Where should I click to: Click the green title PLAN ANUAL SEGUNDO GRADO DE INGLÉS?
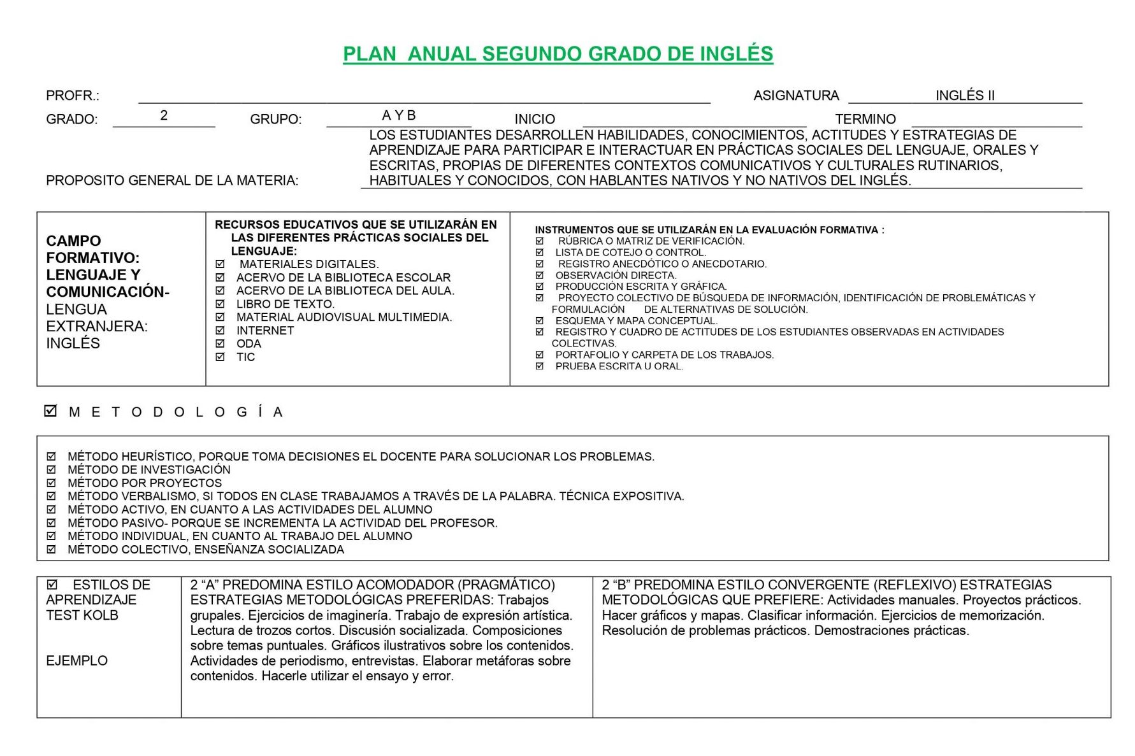click(x=558, y=54)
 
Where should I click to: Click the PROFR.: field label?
click(x=73, y=96)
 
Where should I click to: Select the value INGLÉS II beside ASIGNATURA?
click(x=964, y=96)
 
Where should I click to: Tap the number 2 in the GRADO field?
click(x=164, y=115)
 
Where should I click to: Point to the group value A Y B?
click(x=398, y=115)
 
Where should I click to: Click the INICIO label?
click(x=535, y=119)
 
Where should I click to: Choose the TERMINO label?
click(x=865, y=119)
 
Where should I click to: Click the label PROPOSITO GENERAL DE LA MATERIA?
click(x=172, y=181)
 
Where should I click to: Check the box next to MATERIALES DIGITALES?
click(x=220, y=264)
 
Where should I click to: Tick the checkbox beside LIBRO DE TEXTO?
click(x=220, y=304)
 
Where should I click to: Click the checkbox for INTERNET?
click(x=220, y=331)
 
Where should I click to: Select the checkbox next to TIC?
click(x=220, y=357)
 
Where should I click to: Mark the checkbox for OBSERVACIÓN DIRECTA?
click(x=540, y=275)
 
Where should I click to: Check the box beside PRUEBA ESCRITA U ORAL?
click(x=540, y=366)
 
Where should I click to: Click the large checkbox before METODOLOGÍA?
click(x=51, y=411)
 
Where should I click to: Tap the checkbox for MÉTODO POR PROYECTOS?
click(x=52, y=483)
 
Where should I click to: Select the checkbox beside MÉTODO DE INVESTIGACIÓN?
click(x=52, y=469)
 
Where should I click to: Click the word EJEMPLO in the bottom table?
click(x=76, y=660)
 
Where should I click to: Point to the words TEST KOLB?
click(x=82, y=615)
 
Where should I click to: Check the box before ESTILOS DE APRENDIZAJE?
click(x=52, y=584)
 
